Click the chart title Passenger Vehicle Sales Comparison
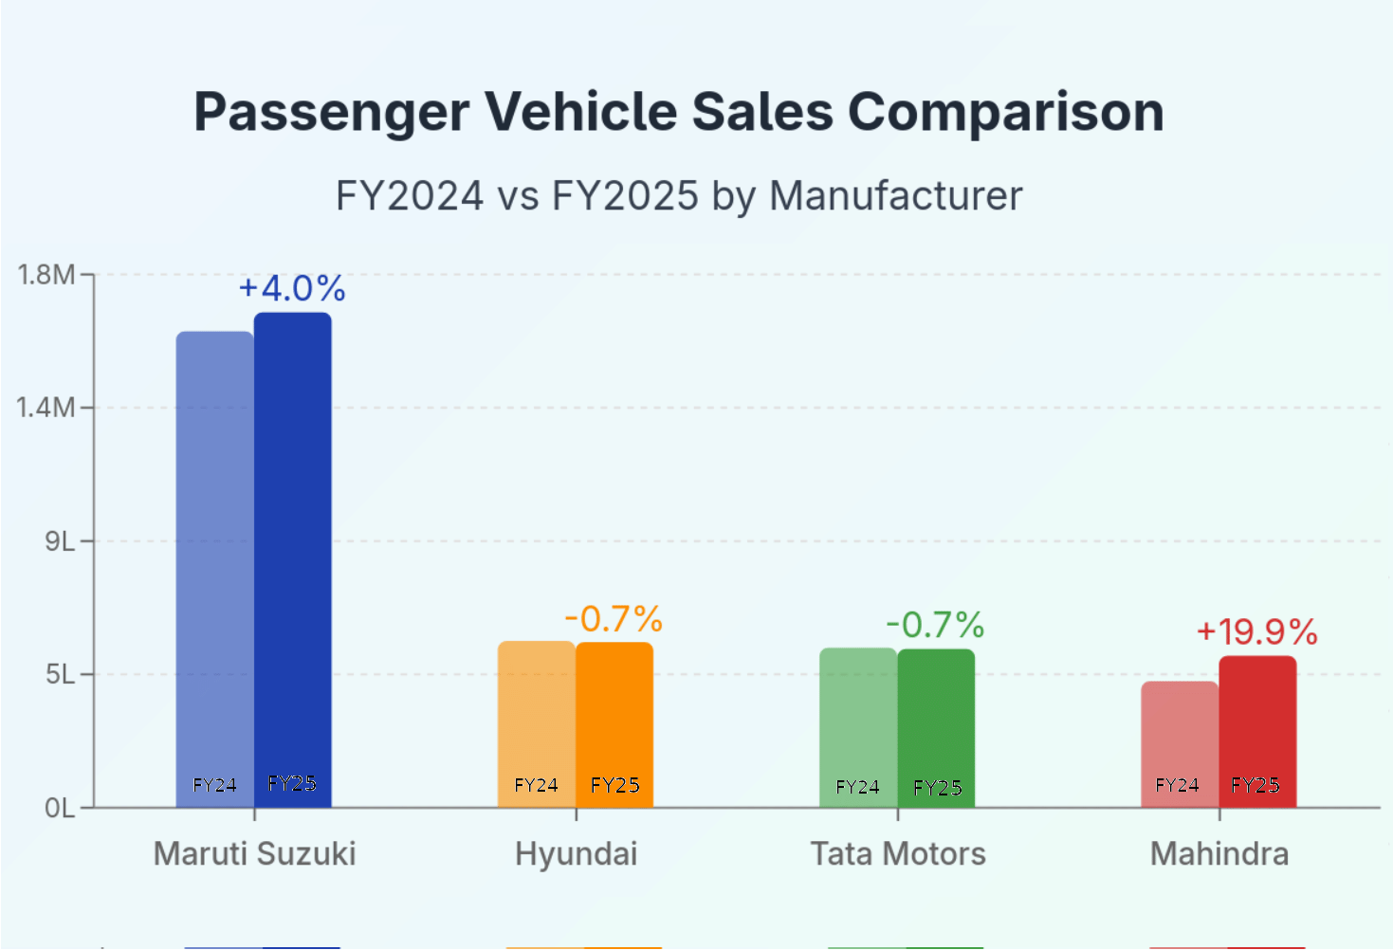click(x=678, y=112)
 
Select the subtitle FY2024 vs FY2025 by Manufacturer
click(x=678, y=196)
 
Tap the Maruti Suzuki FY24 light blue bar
click(x=214, y=569)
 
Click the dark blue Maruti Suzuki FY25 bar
click(x=293, y=559)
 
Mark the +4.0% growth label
click(x=292, y=288)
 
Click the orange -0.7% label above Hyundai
click(x=614, y=619)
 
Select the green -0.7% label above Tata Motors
click(x=935, y=625)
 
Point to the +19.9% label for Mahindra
click(x=1257, y=631)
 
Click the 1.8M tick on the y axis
click(x=46, y=275)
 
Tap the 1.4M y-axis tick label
click(x=46, y=408)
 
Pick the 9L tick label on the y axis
click(x=59, y=541)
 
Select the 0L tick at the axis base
click(x=59, y=809)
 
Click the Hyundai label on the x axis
click(x=576, y=854)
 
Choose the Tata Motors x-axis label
click(x=898, y=854)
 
